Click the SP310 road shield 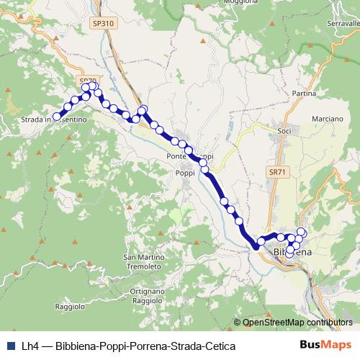pos(103,24)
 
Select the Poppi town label pos(185,173)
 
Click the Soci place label pos(284,131)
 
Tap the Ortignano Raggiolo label pos(148,295)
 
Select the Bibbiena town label pos(292,253)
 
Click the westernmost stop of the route pos(57,117)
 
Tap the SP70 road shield pos(87,81)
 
